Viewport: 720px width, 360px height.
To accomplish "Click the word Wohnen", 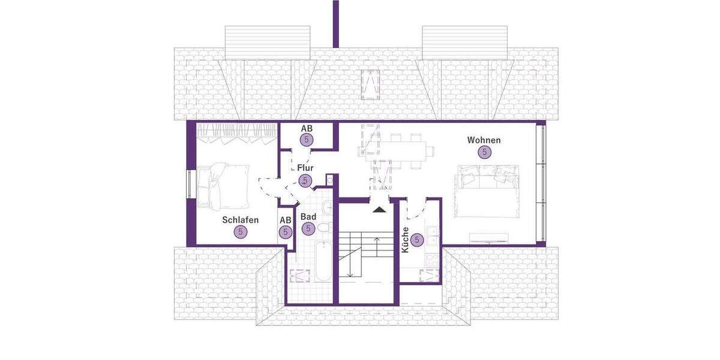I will tap(484, 140).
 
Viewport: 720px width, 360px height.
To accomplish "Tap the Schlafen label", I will tap(240, 220).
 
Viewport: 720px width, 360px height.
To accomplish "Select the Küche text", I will tap(406, 239).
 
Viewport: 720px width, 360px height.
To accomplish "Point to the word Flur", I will tap(305, 169).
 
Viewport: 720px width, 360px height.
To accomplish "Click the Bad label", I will tap(308, 217).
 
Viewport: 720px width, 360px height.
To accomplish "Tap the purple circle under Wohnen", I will tap(484, 152).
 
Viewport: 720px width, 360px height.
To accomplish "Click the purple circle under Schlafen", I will tap(241, 232).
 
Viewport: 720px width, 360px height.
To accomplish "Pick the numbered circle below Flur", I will tap(305, 181).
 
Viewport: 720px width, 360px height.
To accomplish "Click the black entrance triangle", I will tap(379, 209).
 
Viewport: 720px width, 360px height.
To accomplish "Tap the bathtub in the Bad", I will tap(323, 261).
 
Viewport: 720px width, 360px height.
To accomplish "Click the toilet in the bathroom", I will tap(323, 229).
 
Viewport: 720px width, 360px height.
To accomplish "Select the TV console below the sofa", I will tap(488, 236).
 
